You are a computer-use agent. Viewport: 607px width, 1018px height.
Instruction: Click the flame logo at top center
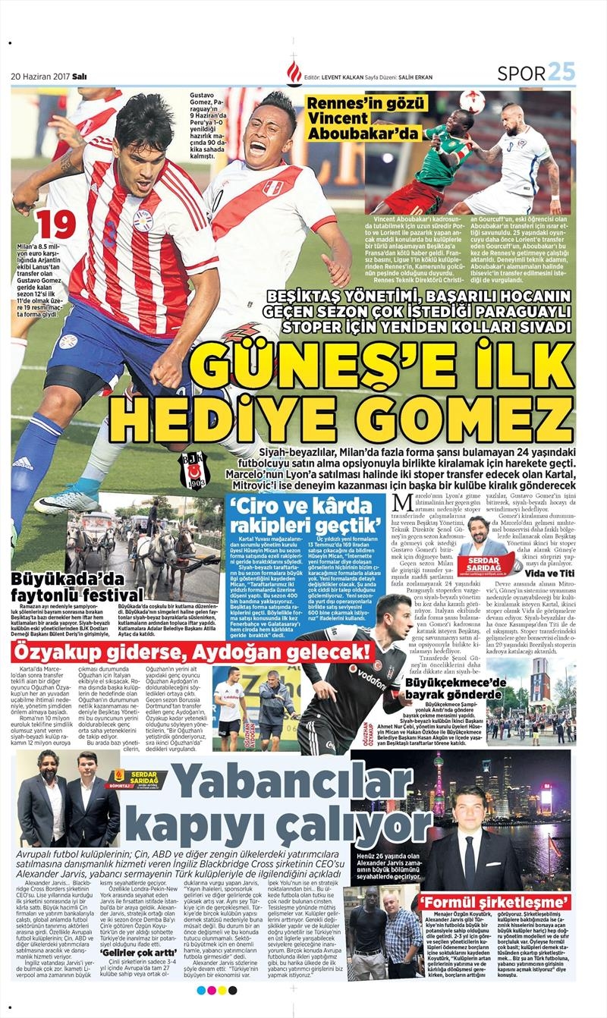point(294,73)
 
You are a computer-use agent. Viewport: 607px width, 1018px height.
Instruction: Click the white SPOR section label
point(521,73)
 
